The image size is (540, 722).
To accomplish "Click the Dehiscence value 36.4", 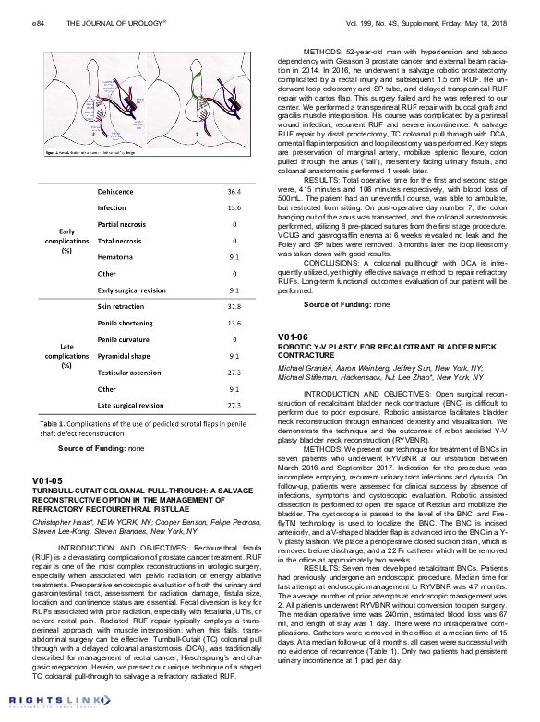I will tap(234, 191).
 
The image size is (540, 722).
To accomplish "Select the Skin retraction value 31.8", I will tap(234, 305).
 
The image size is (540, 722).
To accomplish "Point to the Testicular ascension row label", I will tap(130, 372).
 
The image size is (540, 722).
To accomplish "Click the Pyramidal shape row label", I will tap(125, 355).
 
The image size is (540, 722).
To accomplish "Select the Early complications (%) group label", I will tap(66, 241).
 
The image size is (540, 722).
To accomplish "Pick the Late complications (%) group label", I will tap(66, 355).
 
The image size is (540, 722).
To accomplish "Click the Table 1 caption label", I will tap(53, 422).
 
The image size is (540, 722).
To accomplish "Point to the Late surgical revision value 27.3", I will tap(234, 405).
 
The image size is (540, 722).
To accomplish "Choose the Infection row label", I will tap(113, 207).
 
